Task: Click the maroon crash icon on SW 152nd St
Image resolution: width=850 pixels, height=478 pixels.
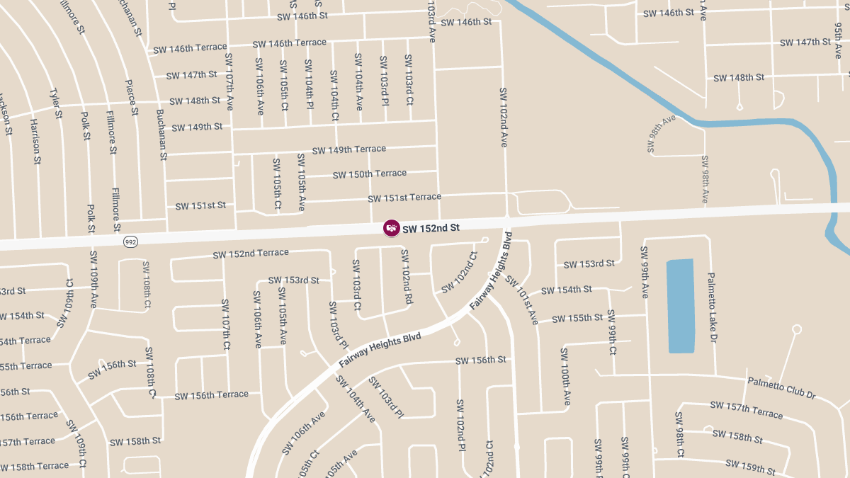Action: tap(391, 228)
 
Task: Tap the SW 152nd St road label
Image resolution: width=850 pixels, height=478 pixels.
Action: tap(431, 229)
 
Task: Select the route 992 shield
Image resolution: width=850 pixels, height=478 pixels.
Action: tap(130, 241)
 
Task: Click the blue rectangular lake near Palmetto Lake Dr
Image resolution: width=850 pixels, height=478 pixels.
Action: tap(681, 306)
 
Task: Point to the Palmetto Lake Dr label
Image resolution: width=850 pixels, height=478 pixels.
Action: tap(712, 307)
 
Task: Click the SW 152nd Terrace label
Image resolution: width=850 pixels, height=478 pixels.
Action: tap(251, 254)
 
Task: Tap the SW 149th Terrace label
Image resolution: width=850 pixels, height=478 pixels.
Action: tap(348, 150)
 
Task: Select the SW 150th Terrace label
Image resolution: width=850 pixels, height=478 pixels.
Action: tap(369, 174)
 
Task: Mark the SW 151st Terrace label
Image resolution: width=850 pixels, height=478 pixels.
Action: tap(404, 198)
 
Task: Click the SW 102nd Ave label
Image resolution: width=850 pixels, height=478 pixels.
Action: tap(504, 117)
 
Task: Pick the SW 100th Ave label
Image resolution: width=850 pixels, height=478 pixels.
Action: tap(565, 377)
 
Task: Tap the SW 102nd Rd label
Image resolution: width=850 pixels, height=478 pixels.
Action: tap(407, 277)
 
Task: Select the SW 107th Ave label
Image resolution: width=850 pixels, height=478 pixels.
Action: tap(229, 81)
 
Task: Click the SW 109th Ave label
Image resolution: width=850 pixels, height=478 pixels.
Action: tap(93, 278)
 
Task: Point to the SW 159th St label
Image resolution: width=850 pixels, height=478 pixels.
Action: tap(751, 467)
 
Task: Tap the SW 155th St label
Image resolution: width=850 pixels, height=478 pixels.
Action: tap(577, 318)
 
